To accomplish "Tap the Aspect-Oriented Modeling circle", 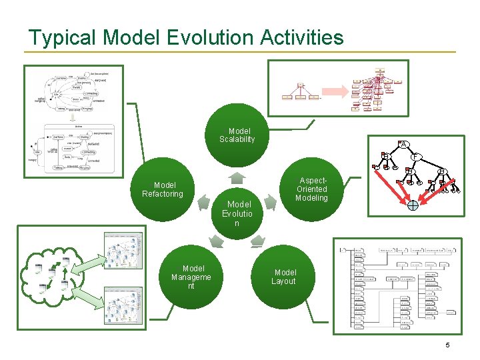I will click(x=311, y=190).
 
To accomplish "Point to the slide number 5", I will click(x=447, y=345).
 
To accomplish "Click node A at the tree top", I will click(x=402, y=143).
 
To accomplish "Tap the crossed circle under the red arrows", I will click(x=413, y=205).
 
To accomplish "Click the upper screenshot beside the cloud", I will click(x=123, y=251).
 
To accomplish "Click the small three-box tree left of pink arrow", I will click(x=300, y=92).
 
